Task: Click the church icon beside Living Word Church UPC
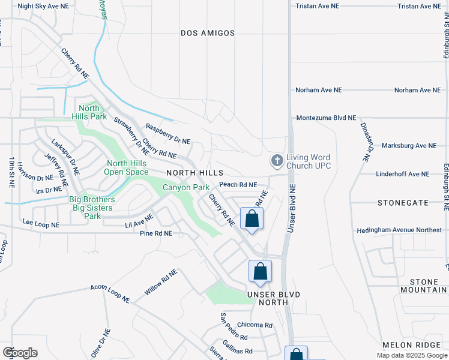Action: tap(276, 161)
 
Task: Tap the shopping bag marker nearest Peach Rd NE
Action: tap(252, 219)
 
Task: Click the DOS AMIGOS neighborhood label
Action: tap(208, 33)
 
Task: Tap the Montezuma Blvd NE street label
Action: tap(325, 118)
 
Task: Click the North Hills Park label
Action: tap(89, 112)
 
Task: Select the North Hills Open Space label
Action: tap(127, 167)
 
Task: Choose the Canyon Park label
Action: tap(186, 188)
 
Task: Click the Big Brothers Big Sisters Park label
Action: tap(92, 207)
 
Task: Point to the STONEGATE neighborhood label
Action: tap(403, 203)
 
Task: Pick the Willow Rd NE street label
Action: tap(160, 282)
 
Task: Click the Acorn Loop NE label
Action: tap(110, 292)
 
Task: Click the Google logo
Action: tap(20, 353)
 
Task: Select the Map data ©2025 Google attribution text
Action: tap(411, 355)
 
